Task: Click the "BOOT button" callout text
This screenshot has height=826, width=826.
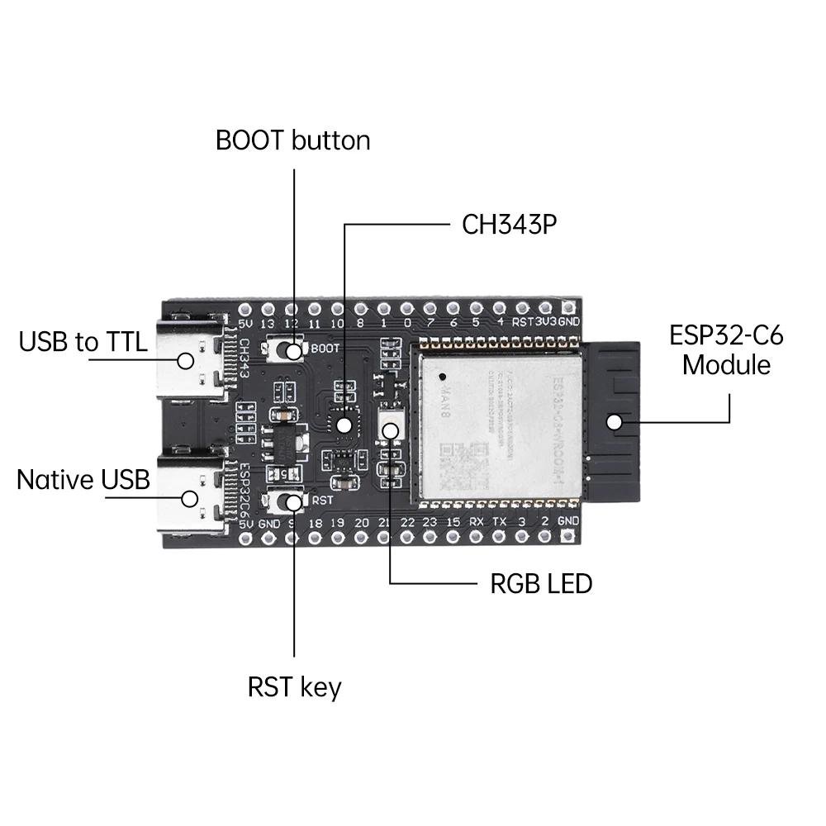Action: pos(292,140)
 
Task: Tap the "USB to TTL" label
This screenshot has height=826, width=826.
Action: pos(83,342)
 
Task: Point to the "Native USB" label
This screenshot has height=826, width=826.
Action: pos(83,479)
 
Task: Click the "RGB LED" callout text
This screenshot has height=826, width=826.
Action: pos(541,584)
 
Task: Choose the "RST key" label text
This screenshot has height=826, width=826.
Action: pos(294,687)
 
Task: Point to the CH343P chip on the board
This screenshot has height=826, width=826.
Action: pos(344,425)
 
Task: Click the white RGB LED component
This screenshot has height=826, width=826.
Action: pos(390,428)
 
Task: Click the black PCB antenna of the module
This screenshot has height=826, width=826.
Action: pos(613,421)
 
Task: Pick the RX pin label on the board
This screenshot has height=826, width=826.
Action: pos(477,522)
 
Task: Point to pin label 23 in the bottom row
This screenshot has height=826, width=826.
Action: pos(430,522)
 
